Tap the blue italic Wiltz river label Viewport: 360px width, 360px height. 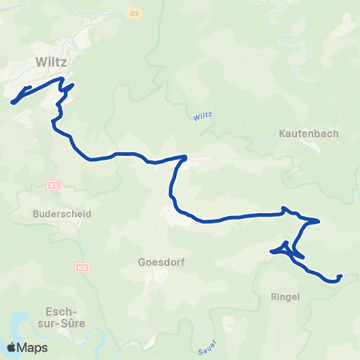pos(202,116)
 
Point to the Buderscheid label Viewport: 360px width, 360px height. pos(62,213)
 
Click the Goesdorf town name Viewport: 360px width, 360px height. pos(161,262)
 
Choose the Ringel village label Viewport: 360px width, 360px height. pos(284,296)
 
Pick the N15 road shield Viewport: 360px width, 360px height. pos(82,267)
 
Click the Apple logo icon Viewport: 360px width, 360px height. pos(12,347)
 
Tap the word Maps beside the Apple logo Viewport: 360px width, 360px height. pos(33,348)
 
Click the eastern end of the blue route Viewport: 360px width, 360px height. pos(340,276)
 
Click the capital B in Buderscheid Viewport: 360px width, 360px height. pos(36,213)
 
